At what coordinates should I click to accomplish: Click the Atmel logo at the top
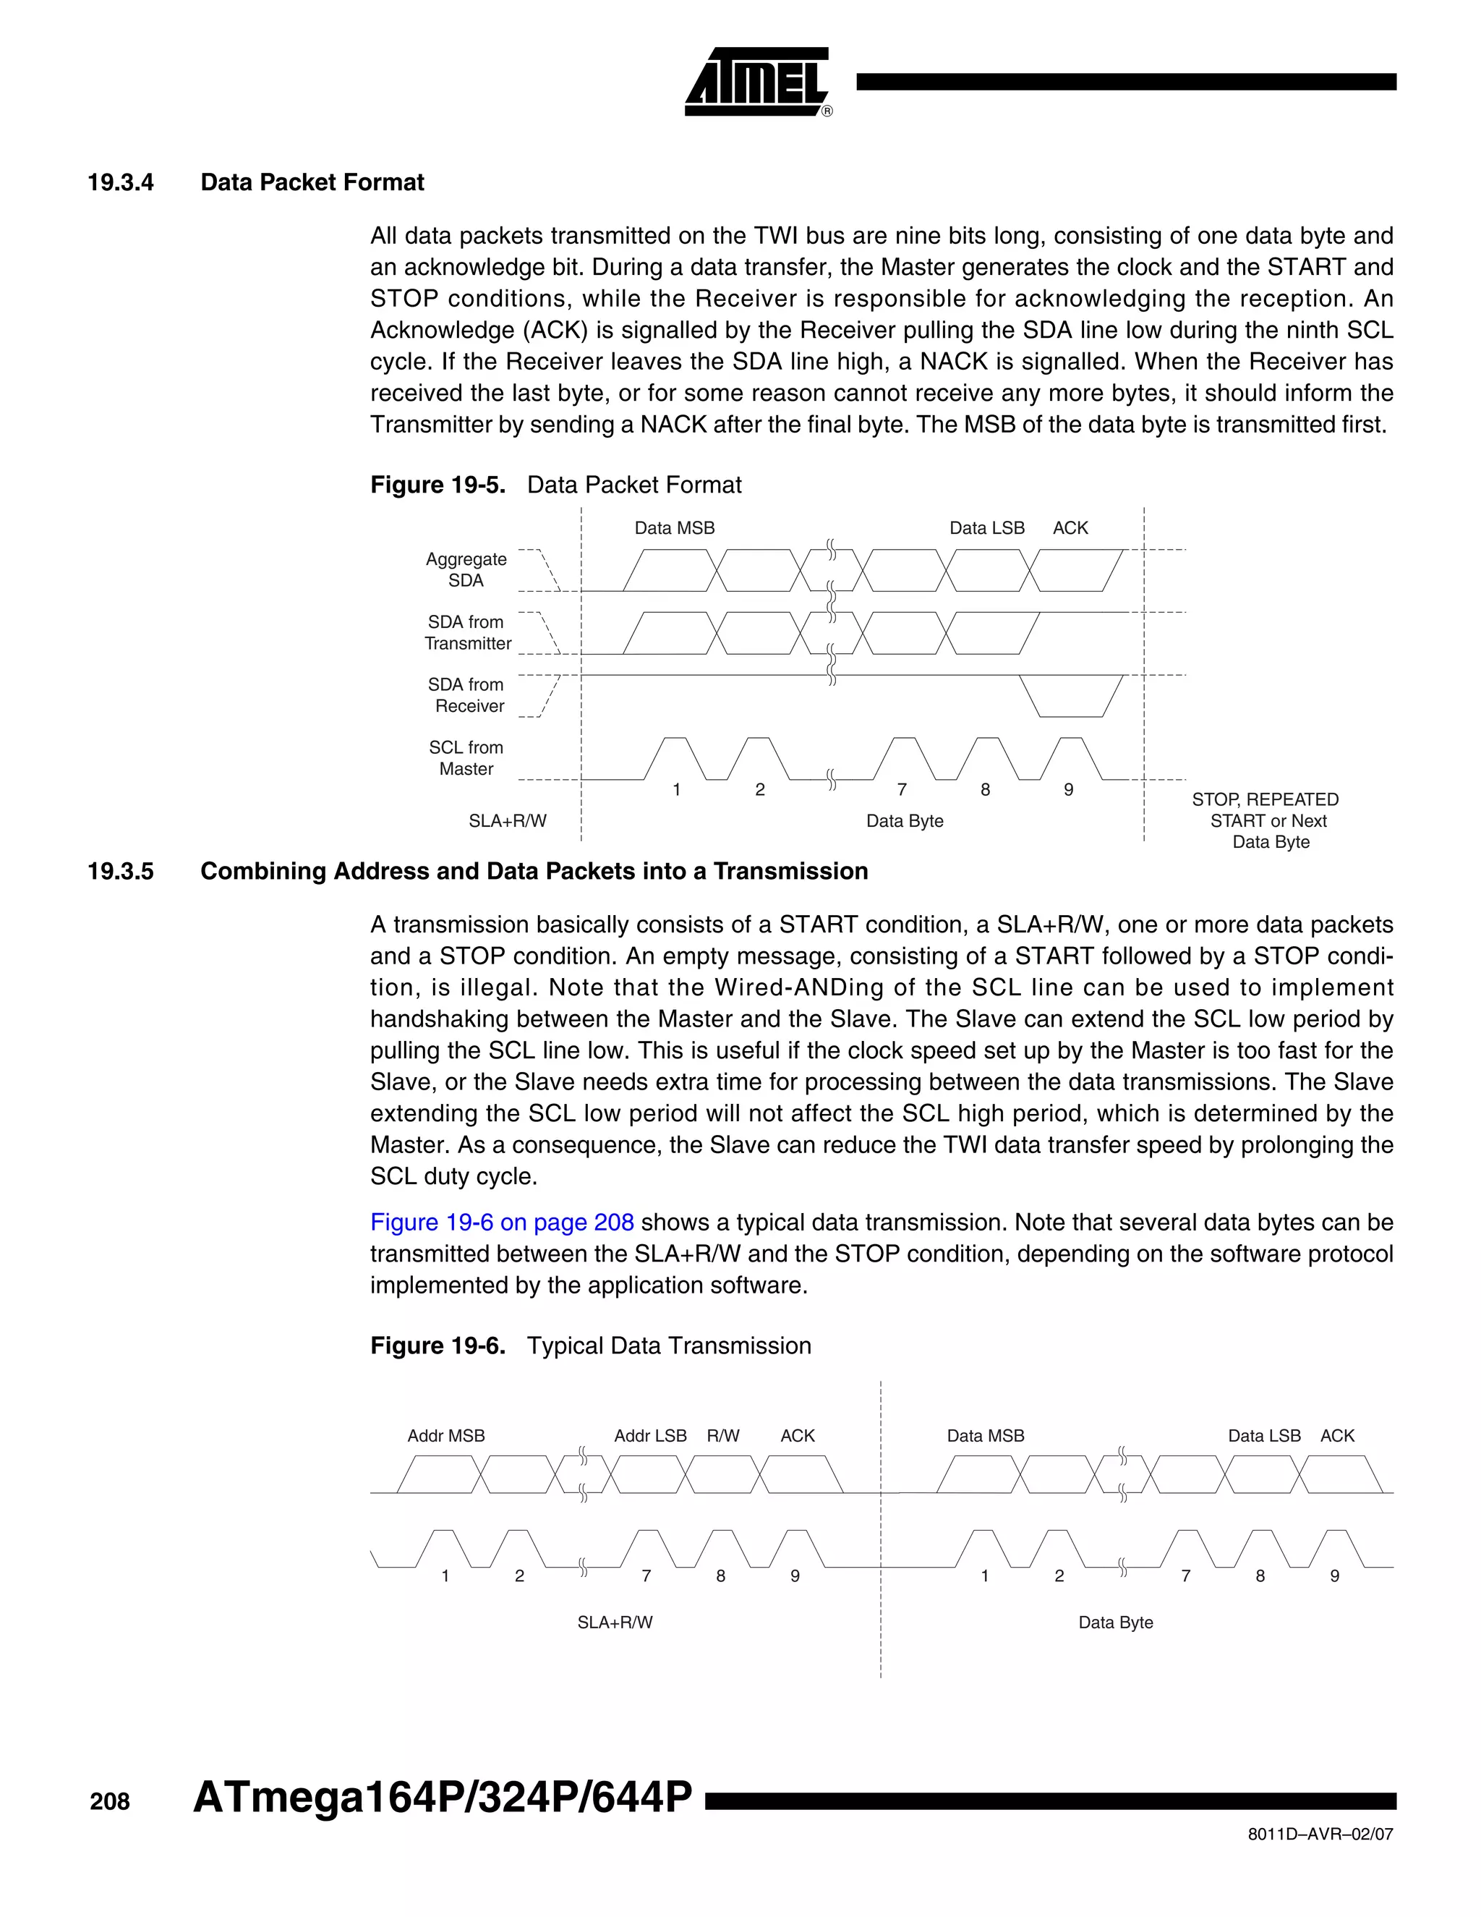pos(756,82)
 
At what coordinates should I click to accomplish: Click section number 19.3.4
pos(120,182)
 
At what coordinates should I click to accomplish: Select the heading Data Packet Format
pos(312,182)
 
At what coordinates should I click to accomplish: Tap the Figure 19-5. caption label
pos(437,485)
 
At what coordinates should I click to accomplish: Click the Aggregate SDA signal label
pos(466,569)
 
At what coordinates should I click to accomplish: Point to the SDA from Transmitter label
pos(466,633)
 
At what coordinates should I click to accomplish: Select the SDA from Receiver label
pos(466,695)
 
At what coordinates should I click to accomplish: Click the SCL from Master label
pos(466,757)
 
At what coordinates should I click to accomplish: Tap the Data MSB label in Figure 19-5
pos(674,527)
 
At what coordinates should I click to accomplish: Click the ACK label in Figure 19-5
pos(1070,527)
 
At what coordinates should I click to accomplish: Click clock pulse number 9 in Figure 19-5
pos(1068,789)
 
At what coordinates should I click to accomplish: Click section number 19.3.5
pos(120,871)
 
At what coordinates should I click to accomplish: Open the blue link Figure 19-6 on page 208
pos(501,1222)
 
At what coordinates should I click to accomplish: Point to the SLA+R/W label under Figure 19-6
pos(614,1622)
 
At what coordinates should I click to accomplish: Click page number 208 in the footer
pos(110,1801)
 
